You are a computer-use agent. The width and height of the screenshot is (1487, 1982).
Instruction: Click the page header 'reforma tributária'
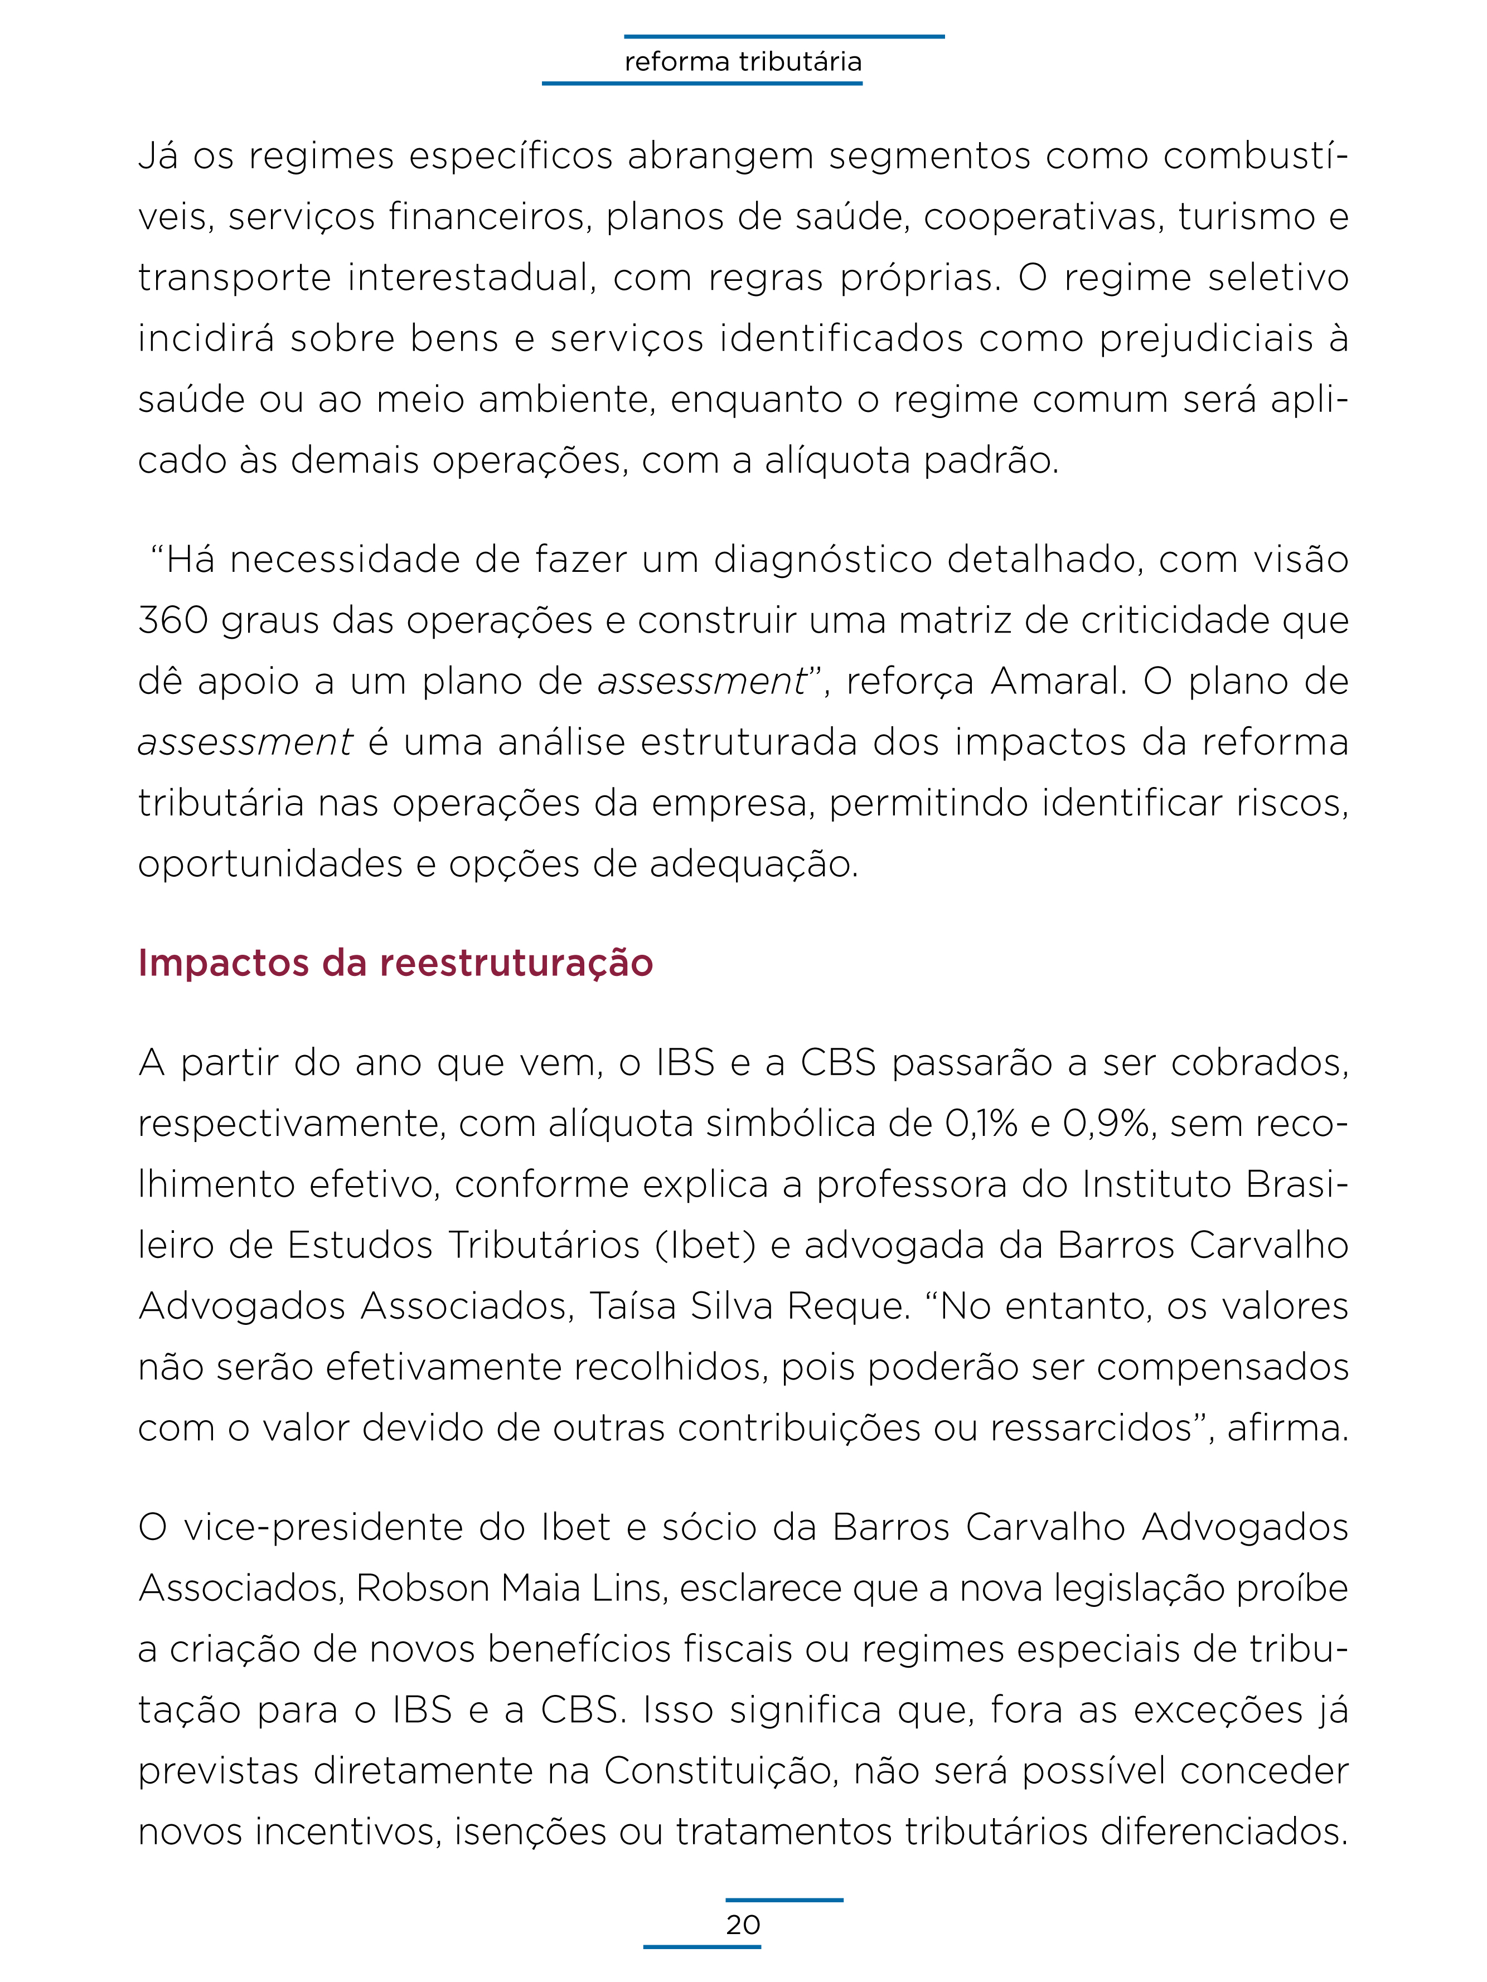[x=743, y=62]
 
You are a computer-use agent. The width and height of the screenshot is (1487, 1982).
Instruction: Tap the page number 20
[x=743, y=1924]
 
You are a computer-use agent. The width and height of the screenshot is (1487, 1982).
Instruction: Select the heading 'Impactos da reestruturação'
[x=395, y=963]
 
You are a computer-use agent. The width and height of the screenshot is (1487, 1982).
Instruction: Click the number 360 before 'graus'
[x=173, y=620]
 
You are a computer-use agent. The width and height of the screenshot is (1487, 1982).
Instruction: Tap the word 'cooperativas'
[x=1043, y=217]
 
